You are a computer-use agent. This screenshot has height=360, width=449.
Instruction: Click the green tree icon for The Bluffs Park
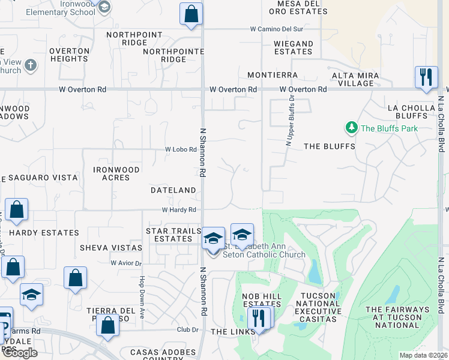[351, 127]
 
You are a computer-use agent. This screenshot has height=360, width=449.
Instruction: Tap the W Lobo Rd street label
[181, 149]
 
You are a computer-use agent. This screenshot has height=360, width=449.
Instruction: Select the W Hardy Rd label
[179, 210]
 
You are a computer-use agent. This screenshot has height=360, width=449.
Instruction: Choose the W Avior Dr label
[126, 263]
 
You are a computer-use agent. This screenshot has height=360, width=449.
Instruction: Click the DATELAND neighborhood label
[173, 190]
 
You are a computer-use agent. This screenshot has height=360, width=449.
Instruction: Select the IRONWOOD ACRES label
[116, 174]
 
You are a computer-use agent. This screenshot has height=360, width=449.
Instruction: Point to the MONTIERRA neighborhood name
[273, 75]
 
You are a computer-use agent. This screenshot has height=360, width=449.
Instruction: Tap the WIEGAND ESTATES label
[293, 47]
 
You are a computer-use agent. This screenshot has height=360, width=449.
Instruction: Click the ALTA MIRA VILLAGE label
[355, 79]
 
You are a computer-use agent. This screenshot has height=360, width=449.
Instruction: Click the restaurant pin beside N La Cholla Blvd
[426, 77]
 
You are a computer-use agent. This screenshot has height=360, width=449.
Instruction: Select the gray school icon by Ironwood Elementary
[104, 7]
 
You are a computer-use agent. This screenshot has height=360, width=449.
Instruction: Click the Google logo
[20, 352]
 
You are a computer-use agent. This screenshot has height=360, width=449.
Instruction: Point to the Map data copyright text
[424, 355]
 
